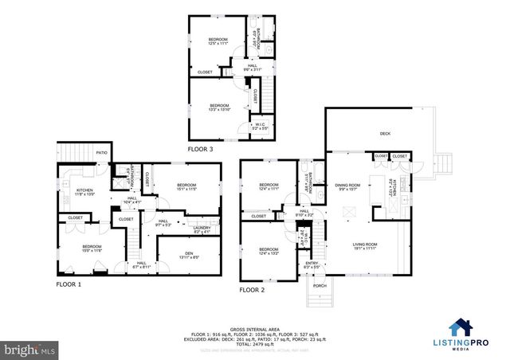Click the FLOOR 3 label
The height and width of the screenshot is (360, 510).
pyautogui.click(x=201, y=149)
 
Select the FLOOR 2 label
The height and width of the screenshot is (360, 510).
pyautogui.click(x=253, y=290)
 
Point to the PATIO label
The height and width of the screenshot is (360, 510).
pyautogui.click(x=101, y=151)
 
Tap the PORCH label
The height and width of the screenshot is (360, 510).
pyautogui.click(x=319, y=285)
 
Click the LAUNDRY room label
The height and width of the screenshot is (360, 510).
pyautogui.click(x=202, y=229)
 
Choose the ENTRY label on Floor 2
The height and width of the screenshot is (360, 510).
pyautogui.click(x=312, y=264)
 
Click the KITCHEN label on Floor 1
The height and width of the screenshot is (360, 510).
pyautogui.click(x=85, y=192)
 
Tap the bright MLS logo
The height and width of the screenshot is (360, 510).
pyautogui.click(x=30, y=349)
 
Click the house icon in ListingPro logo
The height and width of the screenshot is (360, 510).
pyautogui.click(x=461, y=327)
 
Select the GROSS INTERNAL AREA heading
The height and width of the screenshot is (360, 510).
pyautogui.click(x=255, y=327)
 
